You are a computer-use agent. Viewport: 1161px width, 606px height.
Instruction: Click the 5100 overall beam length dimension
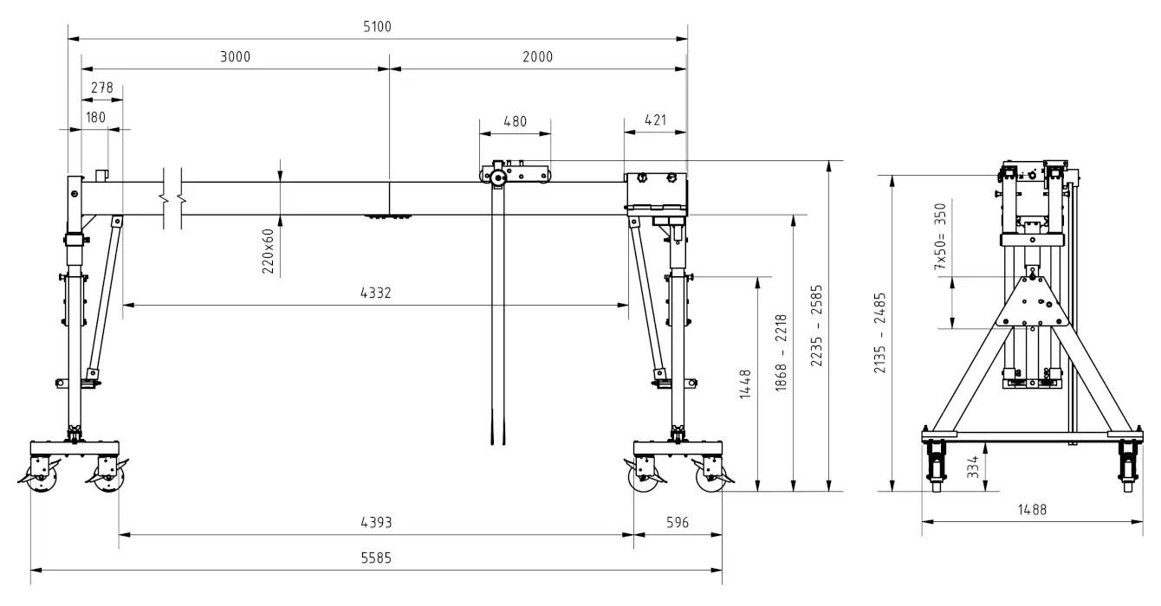click(x=378, y=27)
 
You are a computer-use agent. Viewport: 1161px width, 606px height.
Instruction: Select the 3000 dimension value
click(x=236, y=56)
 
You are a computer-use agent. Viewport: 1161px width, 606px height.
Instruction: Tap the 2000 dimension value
click(x=537, y=56)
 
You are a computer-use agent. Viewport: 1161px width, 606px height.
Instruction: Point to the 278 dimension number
click(x=102, y=87)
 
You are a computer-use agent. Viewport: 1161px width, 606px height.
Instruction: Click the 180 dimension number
click(x=95, y=117)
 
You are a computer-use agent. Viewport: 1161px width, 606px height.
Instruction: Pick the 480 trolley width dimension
click(x=516, y=121)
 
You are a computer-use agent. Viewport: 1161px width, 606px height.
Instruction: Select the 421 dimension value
click(x=655, y=120)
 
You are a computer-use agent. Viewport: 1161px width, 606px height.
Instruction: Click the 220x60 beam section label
click(x=268, y=251)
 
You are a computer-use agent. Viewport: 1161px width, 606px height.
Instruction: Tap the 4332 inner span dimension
click(x=376, y=293)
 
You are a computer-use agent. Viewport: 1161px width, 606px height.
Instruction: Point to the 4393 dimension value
click(x=376, y=522)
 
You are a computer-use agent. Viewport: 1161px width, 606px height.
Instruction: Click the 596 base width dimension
click(x=678, y=522)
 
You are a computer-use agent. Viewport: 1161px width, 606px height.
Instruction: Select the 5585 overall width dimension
click(x=376, y=558)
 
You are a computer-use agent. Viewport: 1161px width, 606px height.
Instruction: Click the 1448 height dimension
click(x=745, y=384)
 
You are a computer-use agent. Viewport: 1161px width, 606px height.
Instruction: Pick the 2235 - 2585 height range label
click(x=816, y=326)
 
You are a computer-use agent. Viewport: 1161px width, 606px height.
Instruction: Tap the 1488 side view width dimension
click(x=1032, y=510)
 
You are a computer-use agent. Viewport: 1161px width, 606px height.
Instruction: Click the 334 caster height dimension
click(x=972, y=467)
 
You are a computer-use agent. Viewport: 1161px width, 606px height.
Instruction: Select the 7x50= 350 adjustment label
click(x=940, y=236)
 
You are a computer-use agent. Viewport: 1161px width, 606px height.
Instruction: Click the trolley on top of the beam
click(x=515, y=172)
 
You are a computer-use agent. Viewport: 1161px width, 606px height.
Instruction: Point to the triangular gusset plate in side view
click(x=1032, y=301)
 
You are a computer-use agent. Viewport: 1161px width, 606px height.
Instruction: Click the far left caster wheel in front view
click(x=42, y=476)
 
